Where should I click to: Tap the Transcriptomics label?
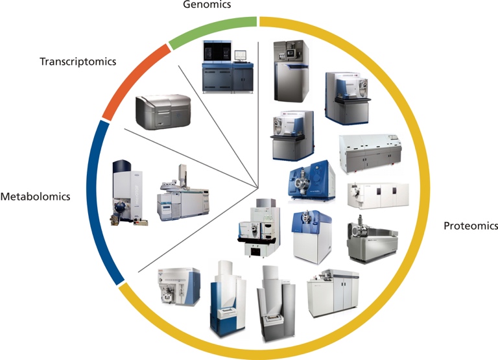(78, 62)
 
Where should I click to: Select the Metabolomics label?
(36, 196)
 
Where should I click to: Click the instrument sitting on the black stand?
(255, 227)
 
